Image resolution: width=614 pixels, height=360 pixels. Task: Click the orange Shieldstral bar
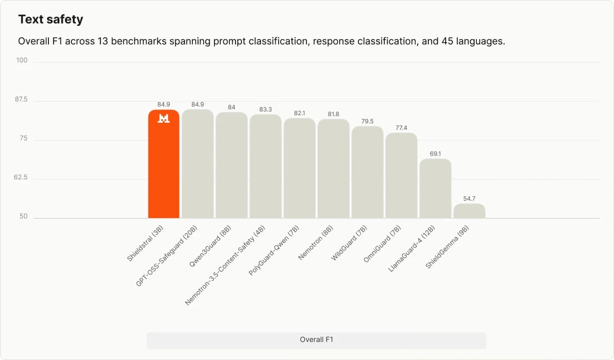pyautogui.click(x=164, y=164)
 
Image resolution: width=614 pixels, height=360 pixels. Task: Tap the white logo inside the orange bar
pyautogui.click(x=164, y=119)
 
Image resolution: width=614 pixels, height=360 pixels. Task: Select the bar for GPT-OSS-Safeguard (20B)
pyautogui.click(x=198, y=164)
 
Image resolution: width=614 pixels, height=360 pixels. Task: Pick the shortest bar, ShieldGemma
pyautogui.click(x=469, y=211)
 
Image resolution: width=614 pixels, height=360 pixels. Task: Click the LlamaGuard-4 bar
pyautogui.click(x=435, y=189)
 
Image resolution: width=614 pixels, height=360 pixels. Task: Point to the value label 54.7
pyautogui.click(x=469, y=198)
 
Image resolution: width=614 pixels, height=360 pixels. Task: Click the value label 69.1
pyautogui.click(x=435, y=154)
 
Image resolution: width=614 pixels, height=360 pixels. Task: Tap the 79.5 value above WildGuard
pyautogui.click(x=367, y=121)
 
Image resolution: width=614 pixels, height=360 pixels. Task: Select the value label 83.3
pyautogui.click(x=266, y=109)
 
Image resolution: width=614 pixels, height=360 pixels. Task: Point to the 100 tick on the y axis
pyautogui.click(x=22, y=60)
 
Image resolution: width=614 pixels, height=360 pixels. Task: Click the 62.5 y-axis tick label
pyautogui.click(x=21, y=177)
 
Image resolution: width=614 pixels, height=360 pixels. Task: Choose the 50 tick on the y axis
pyautogui.click(x=24, y=216)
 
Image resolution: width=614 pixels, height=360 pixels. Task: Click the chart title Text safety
pyautogui.click(x=51, y=20)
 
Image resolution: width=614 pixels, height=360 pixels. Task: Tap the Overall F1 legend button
pyautogui.click(x=317, y=340)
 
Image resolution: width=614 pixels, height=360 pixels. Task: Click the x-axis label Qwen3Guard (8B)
pyautogui.click(x=210, y=246)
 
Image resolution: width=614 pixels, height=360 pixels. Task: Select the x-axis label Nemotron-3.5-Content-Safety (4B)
pyautogui.click(x=225, y=265)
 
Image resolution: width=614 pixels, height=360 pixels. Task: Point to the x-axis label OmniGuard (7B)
pyautogui.click(x=382, y=244)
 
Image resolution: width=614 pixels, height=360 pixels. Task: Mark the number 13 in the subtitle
pyautogui.click(x=103, y=41)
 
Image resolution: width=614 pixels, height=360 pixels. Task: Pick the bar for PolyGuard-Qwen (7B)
pyautogui.click(x=300, y=168)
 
